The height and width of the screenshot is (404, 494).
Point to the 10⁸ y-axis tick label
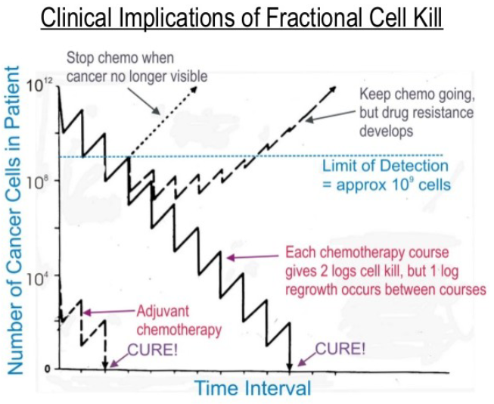click(x=36, y=182)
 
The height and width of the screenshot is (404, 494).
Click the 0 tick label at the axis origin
click(x=45, y=369)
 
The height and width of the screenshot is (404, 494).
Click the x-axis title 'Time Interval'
click(x=253, y=389)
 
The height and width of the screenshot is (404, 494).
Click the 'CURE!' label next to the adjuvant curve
click(x=151, y=349)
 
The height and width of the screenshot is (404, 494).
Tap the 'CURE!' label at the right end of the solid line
click(x=340, y=349)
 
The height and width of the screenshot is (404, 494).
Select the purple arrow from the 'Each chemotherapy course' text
click(x=253, y=258)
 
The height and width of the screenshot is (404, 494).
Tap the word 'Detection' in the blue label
click(x=414, y=166)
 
